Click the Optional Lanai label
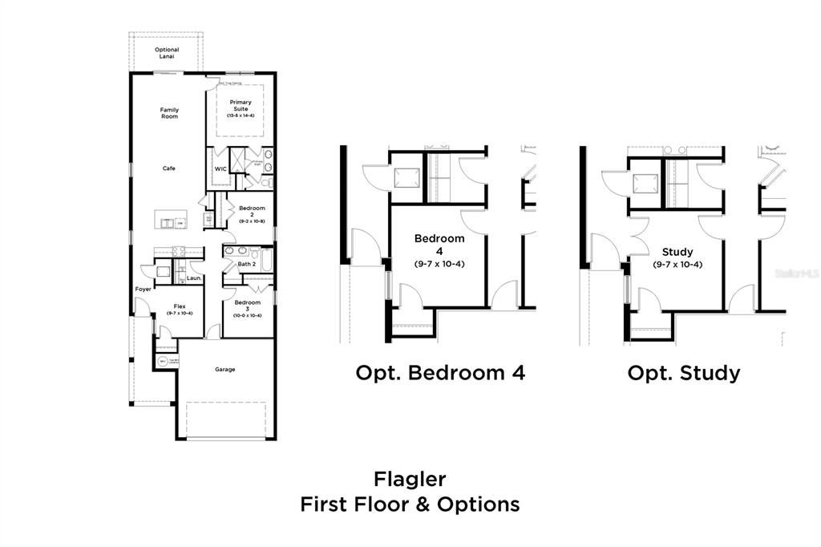click(x=167, y=53)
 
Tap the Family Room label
click(x=169, y=113)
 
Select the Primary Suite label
click(x=241, y=106)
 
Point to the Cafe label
click(x=169, y=168)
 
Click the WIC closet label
click(x=220, y=168)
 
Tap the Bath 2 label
click(x=246, y=264)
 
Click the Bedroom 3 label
click(x=247, y=306)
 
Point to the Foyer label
click(x=144, y=289)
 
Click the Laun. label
click(x=194, y=278)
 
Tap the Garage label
click(x=224, y=370)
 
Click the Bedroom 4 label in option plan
click(x=439, y=244)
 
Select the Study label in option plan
click(x=677, y=252)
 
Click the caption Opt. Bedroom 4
click(x=440, y=373)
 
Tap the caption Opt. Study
click(x=683, y=373)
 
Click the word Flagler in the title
click(x=410, y=479)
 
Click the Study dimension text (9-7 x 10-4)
click(x=677, y=265)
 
